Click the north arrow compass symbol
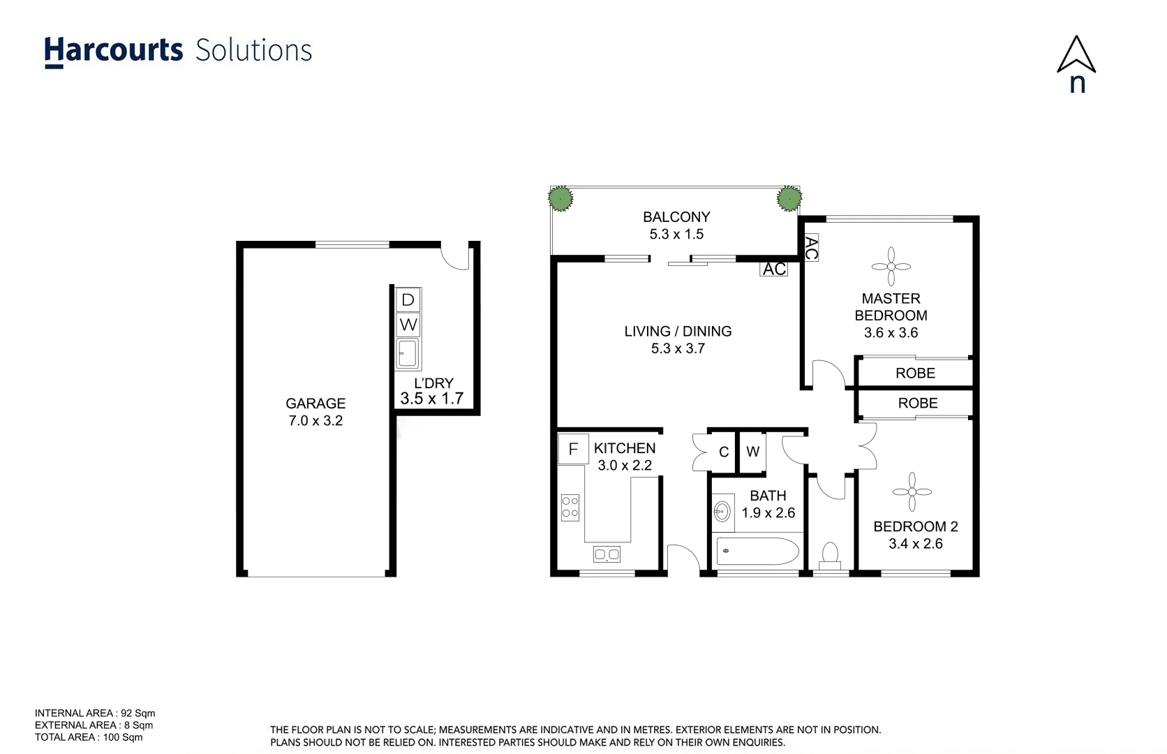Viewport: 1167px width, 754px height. point(1076,56)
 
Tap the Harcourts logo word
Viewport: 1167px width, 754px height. point(114,51)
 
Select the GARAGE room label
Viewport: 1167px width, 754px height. point(315,404)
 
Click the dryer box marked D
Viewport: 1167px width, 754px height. point(408,300)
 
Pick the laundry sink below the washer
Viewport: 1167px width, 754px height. point(408,353)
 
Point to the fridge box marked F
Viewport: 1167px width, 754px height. point(573,449)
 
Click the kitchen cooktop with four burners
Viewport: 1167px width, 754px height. point(570,508)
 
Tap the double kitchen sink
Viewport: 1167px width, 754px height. point(607,554)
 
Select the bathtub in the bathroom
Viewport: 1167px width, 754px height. point(757,551)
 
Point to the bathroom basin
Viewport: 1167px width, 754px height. point(722,512)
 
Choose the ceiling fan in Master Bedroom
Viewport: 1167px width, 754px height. point(891,266)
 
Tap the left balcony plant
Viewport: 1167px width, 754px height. point(560,199)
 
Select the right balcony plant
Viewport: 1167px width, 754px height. point(789,198)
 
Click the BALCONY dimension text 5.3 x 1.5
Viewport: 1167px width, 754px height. point(676,235)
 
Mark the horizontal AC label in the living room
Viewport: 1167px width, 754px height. point(774,269)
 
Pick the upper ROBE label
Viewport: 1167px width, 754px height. point(915,374)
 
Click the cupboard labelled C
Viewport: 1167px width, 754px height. point(724,452)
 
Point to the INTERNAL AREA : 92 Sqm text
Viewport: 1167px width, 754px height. point(95,714)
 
